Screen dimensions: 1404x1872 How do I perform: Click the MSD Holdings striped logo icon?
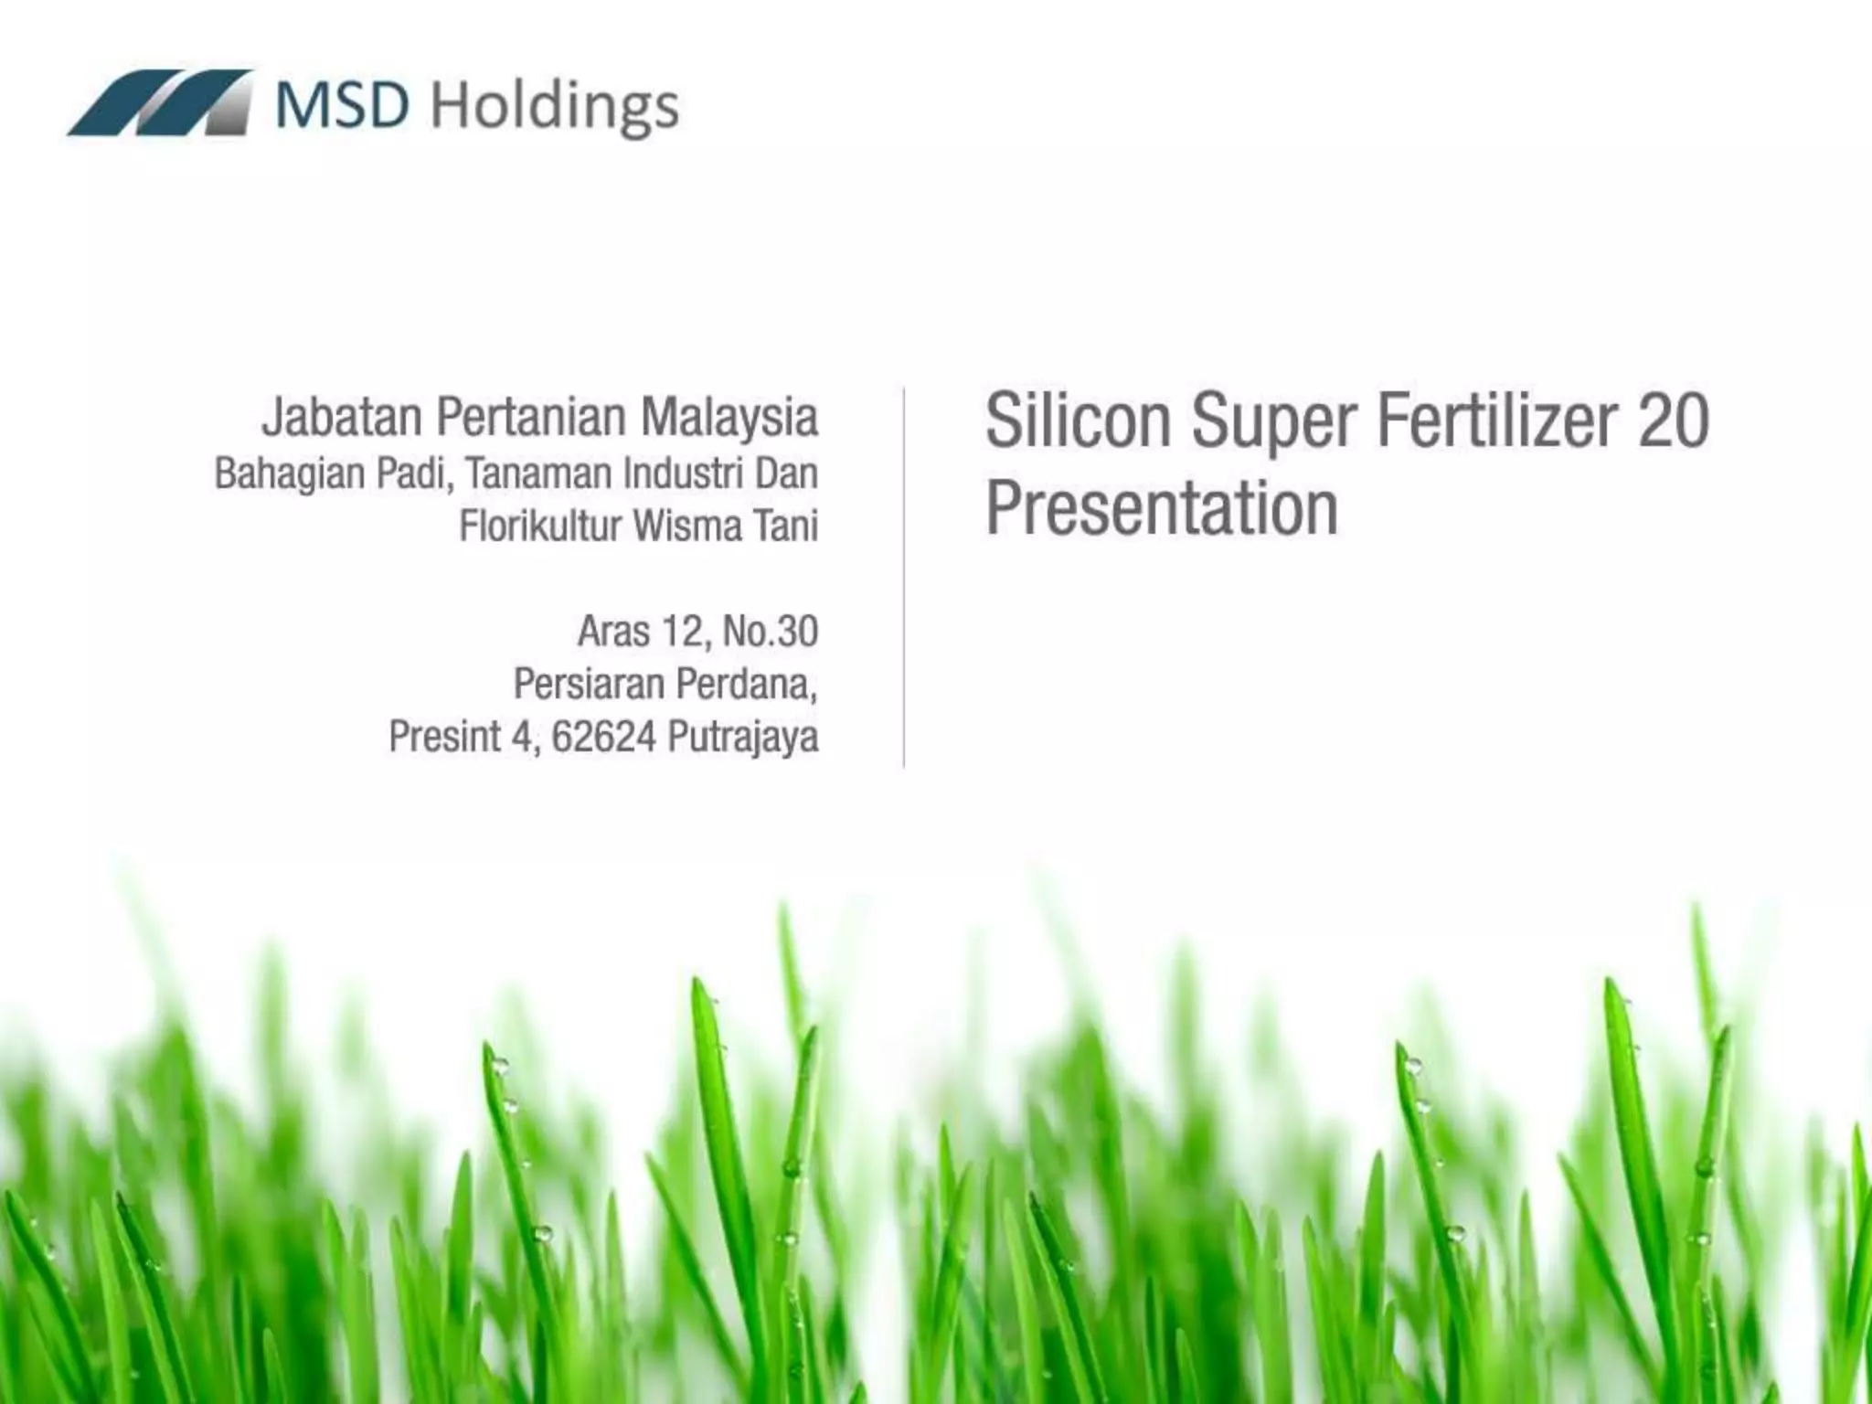(159, 103)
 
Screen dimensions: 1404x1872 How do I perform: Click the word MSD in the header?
(343, 105)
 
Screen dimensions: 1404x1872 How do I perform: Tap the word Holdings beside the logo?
(554, 108)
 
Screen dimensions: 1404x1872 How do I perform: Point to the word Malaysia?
(729, 417)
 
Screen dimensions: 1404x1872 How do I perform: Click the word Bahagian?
(289, 474)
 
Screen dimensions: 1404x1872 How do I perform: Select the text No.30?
(770, 632)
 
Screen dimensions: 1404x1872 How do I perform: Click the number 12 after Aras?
(681, 632)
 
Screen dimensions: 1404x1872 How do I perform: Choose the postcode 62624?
(603, 737)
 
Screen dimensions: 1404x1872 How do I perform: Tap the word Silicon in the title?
(1078, 420)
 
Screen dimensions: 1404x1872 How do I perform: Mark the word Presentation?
(1162, 508)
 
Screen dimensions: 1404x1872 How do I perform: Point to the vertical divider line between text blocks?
(904, 576)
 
